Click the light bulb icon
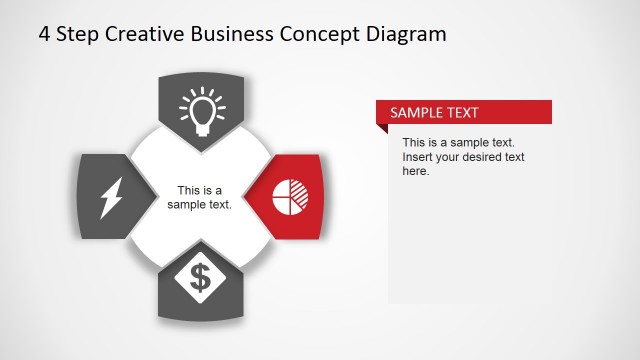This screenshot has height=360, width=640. (x=201, y=110)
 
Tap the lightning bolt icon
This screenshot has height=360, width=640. (x=109, y=197)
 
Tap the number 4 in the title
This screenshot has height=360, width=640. (x=45, y=34)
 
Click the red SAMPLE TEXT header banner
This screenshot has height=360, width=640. (x=464, y=112)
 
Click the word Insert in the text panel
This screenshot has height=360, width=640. (x=419, y=157)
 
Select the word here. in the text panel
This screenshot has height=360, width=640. (x=416, y=171)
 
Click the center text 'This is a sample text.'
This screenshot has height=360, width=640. (x=200, y=197)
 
